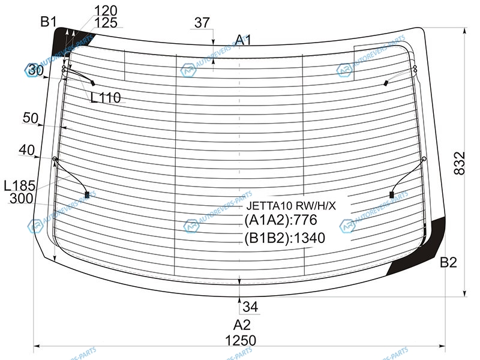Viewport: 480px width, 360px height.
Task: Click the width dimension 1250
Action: (241, 340)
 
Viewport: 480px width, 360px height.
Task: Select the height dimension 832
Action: (459, 163)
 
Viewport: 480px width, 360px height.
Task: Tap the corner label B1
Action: (49, 22)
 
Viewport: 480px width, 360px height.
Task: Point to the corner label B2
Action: (448, 262)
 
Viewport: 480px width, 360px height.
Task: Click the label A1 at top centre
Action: (244, 40)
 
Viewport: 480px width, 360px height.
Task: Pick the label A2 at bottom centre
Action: (242, 325)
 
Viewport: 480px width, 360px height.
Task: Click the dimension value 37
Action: (202, 23)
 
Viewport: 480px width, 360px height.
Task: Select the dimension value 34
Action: (250, 307)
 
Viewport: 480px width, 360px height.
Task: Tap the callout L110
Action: (106, 98)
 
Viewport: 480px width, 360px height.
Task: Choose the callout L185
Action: (20, 186)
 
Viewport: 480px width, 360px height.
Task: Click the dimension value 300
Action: (21, 199)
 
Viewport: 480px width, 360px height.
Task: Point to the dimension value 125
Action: (106, 23)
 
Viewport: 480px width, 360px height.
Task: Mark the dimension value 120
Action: (106, 11)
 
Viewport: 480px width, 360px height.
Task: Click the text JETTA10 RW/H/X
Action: (291, 206)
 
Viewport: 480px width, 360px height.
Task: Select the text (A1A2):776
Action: (281, 220)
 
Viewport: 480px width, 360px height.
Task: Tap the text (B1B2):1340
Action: (284, 238)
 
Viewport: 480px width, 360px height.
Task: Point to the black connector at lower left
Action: (87, 194)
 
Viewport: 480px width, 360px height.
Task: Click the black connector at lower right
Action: (392, 194)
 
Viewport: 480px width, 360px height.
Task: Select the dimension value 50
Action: (31, 118)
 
